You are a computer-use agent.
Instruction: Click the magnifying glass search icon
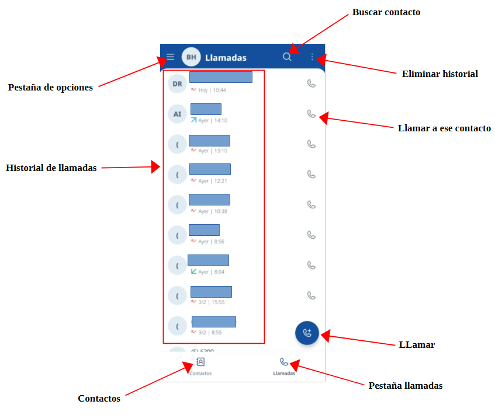(287, 57)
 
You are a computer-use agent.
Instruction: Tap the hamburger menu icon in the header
(170, 57)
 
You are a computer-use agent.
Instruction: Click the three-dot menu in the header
(312, 57)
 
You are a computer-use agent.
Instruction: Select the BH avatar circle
(191, 57)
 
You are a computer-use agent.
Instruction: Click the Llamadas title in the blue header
(226, 58)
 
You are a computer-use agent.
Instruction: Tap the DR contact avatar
(177, 83)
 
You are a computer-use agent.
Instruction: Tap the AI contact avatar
(177, 114)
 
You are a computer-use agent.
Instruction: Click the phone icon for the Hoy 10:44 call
(311, 83)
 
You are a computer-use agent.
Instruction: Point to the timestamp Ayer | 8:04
(211, 272)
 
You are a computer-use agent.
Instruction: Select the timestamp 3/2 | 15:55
(211, 302)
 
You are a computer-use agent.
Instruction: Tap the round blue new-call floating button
(307, 333)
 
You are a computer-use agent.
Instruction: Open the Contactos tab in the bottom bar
(200, 366)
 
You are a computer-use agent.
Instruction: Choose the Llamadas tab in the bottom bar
(284, 366)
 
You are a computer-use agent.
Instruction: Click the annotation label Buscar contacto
(386, 12)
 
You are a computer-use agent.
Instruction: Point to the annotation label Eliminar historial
(440, 74)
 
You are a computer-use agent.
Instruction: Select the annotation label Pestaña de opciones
(50, 88)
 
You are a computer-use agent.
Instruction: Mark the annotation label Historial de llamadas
(51, 168)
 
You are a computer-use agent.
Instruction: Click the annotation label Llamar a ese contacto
(444, 128)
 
